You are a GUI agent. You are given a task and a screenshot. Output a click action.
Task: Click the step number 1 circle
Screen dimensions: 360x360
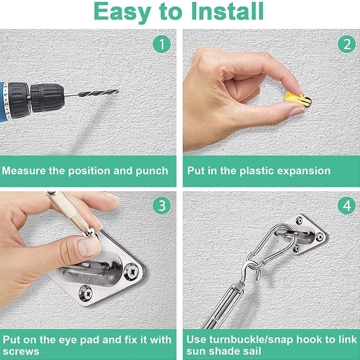coord(162,44)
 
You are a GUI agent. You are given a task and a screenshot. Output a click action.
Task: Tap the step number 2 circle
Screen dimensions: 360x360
coord(346,44)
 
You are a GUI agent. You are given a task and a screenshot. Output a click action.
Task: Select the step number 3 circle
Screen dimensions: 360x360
coord(162,206)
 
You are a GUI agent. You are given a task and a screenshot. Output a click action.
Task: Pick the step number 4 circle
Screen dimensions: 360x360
coord(346,206)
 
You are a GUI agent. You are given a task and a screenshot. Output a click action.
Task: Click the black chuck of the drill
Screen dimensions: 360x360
coord(47,98)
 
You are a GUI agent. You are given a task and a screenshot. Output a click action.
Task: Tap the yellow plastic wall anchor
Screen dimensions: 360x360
coord(298,99)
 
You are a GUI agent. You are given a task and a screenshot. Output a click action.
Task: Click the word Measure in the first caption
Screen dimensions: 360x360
coord(24,171)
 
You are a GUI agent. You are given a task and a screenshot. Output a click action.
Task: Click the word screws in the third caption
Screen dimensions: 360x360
coord(21,351)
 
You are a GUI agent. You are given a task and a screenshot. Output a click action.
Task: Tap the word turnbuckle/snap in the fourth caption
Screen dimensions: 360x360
coord(251,340)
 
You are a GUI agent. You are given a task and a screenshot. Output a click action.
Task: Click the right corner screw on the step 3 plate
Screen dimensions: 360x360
coord(131,272)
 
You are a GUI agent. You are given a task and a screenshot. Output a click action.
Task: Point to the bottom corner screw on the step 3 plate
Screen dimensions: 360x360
coord(85,293)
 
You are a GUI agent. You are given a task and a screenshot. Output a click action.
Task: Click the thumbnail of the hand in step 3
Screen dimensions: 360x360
coord(88,247)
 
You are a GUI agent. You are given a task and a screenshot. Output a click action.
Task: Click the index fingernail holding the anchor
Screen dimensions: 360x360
coord(297,112)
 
